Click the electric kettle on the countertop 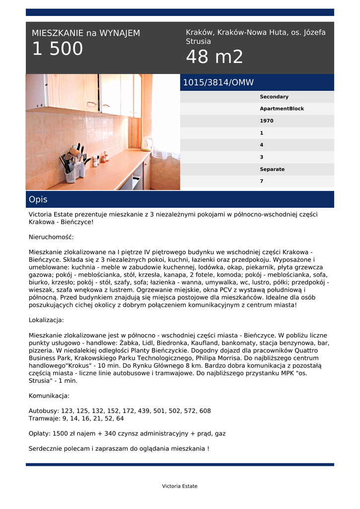coord(146,144)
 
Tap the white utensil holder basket coord(71,174)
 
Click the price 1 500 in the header coord(58,49)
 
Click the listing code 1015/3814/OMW coord(218,83)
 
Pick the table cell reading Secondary coord(274,97)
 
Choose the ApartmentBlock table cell coord(282,109)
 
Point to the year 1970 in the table coord(267,121)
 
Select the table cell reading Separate coord(272,170)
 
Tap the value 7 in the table coord(262,181)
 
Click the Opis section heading coord(38,199)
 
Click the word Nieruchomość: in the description coord(51,237)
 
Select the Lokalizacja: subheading coord(46,320)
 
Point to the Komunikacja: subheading coord(49,396)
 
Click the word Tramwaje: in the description coord(45,419)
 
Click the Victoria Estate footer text coord(180,486)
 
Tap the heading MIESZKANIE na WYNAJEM coord(86,33)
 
